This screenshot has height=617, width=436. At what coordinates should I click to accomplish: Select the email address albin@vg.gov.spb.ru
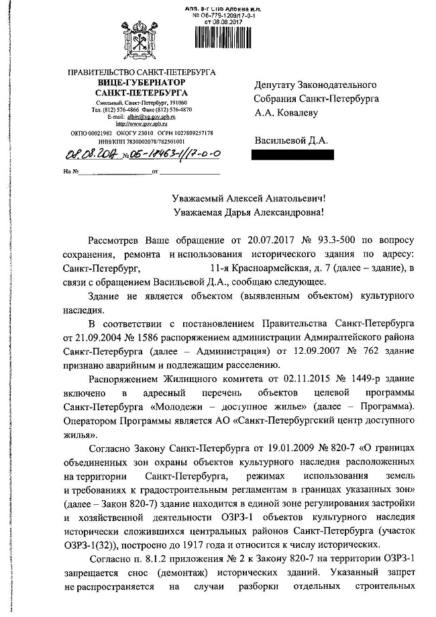tap(147, 116)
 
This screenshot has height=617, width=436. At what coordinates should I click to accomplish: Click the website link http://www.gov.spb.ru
tap(142, 124)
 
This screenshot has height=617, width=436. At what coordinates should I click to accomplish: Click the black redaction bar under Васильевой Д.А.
tap(291, 155)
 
